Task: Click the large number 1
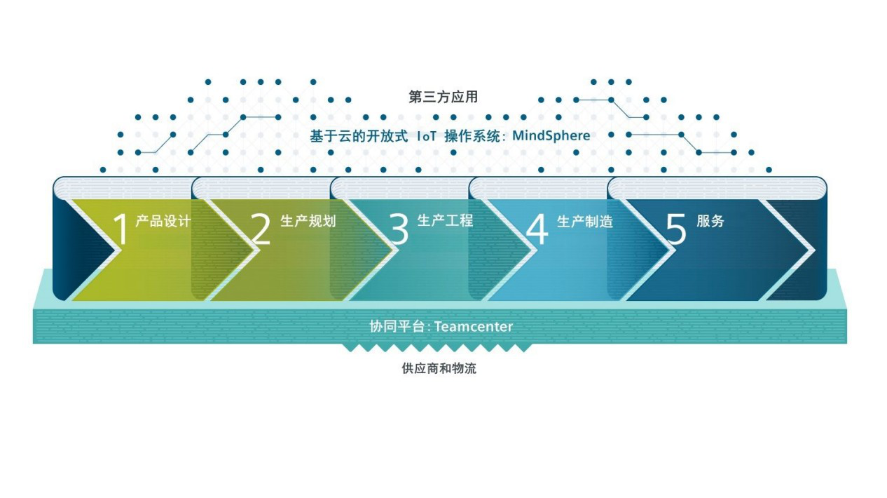[121, 230]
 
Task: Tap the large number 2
[260, 230]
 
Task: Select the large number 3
[399, 230]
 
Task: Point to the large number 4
[537, 230]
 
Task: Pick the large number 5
[676, 230]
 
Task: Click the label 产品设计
[163, 222]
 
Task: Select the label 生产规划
[308, 222]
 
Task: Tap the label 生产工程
[446, 221]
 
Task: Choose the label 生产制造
[585, 222]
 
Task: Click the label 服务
[710, 221]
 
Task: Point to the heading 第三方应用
[443, 97]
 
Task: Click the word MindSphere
[551, 135]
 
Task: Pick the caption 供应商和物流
[439, 368]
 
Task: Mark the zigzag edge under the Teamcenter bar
[436, 348]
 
